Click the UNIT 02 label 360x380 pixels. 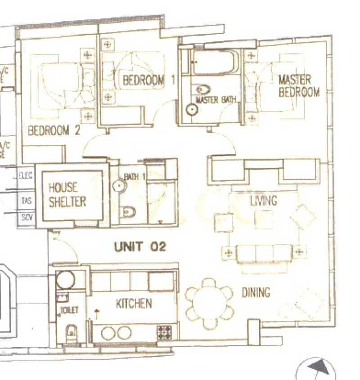140,246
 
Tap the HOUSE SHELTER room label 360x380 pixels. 67,194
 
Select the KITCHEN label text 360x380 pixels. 134,304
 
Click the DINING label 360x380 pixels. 256,293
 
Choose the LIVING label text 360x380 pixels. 264,201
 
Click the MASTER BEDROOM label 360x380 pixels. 299,86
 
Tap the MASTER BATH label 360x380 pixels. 216,99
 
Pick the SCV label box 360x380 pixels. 26,218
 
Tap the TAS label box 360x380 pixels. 26,201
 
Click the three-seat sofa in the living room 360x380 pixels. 263,254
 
